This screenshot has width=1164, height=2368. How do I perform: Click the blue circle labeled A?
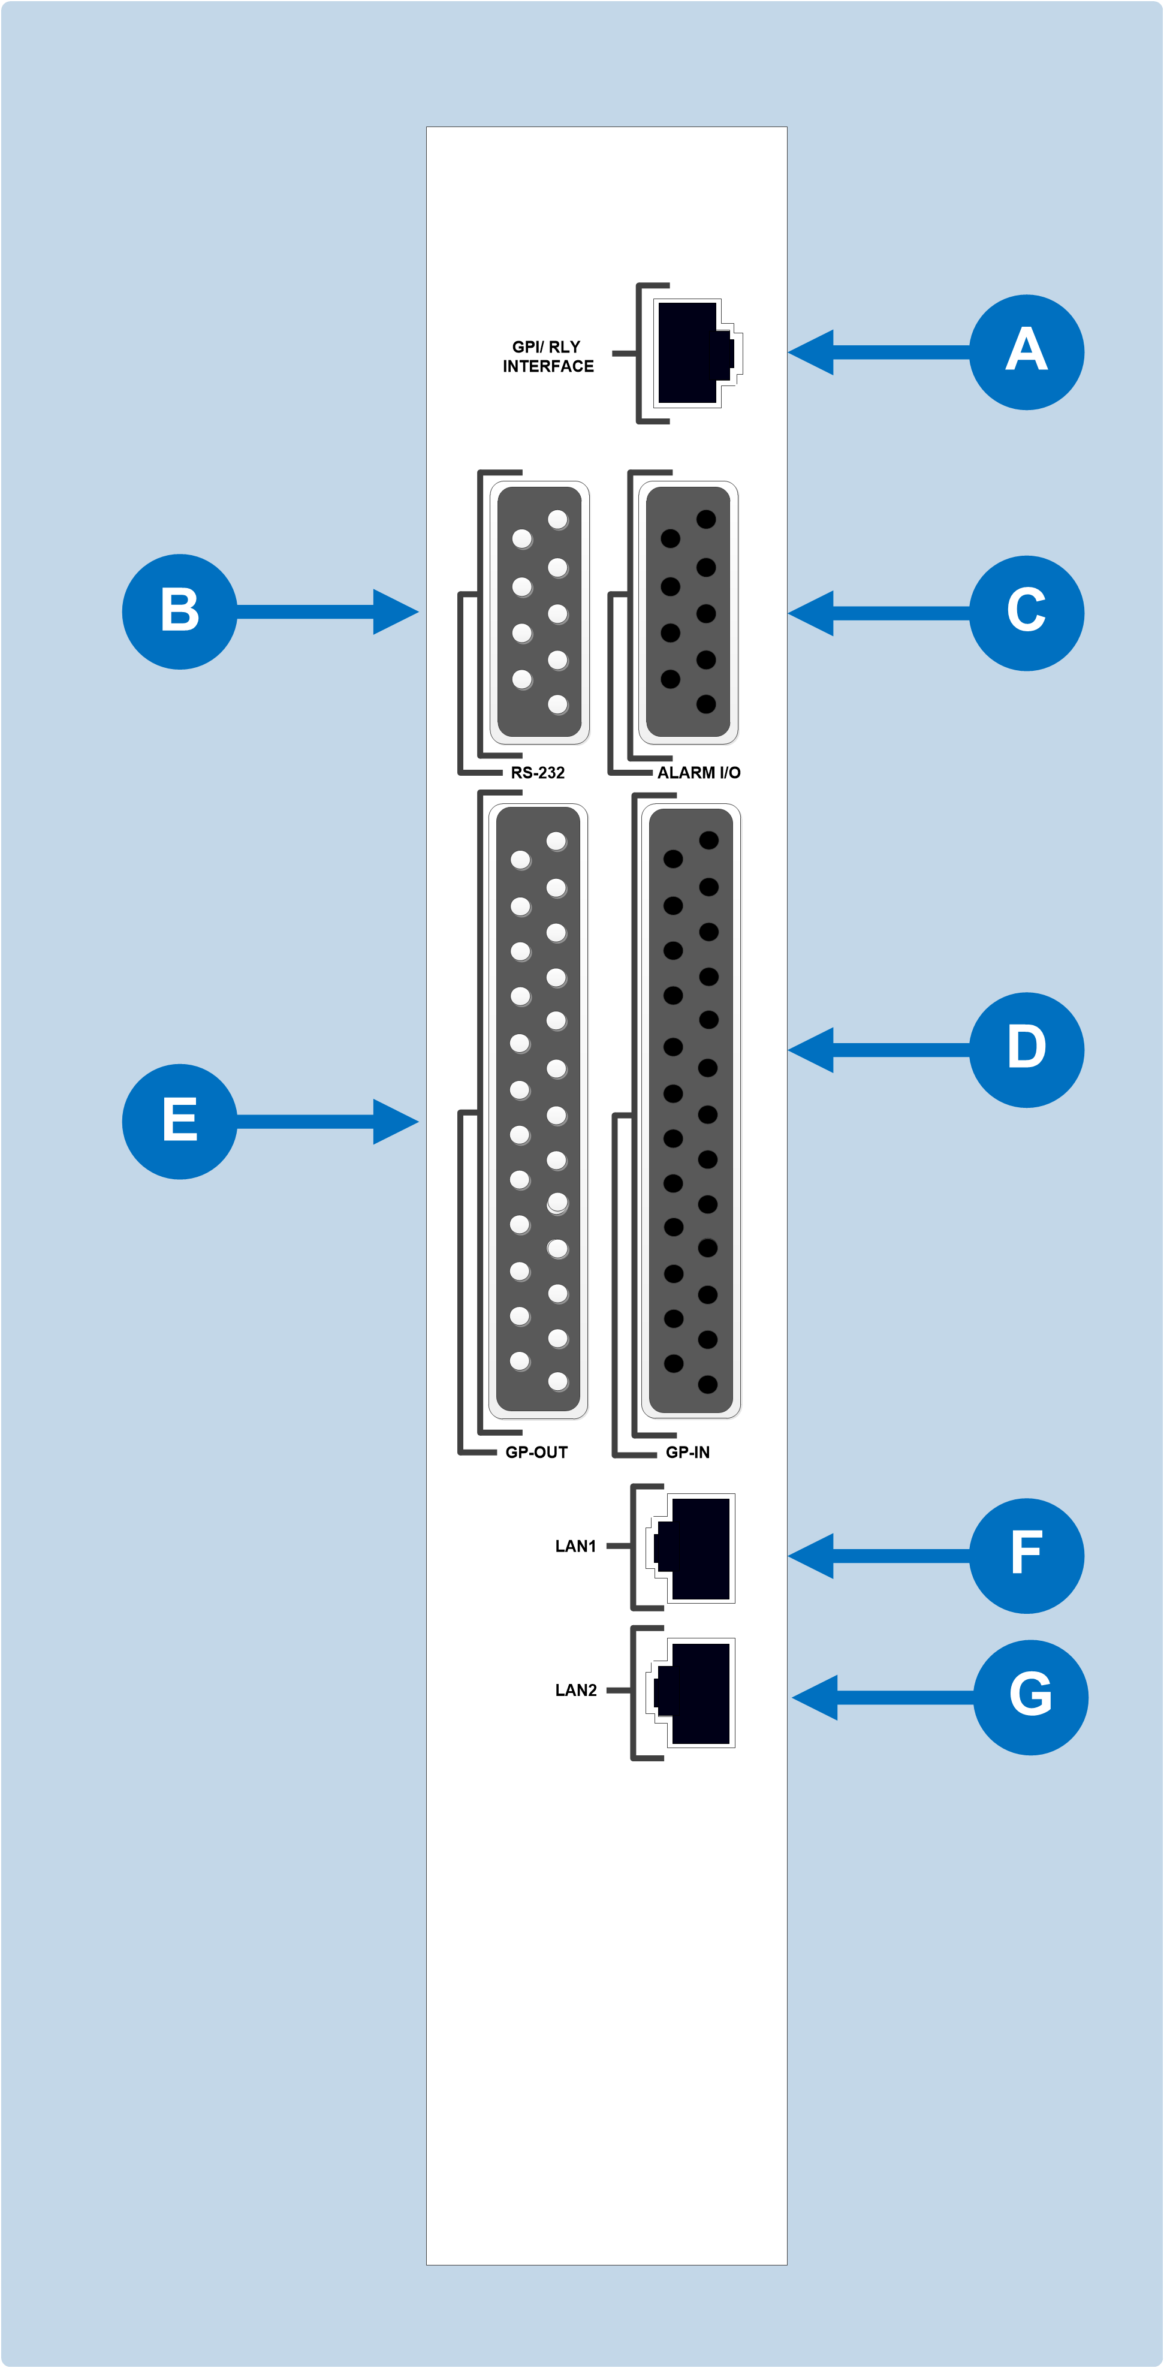(1026, 352)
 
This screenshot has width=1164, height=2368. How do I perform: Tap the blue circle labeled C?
(1026, 613)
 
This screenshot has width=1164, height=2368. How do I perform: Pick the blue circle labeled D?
(1026, 1049)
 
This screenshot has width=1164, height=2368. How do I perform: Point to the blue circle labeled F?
(1026, 1555)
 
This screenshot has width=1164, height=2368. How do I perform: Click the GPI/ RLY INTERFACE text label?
(548, 357)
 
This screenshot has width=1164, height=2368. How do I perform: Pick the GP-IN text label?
(687, 1453)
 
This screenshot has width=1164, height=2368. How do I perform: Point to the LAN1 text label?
(575, 1546)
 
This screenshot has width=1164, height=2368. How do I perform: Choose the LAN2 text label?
(575, 1689)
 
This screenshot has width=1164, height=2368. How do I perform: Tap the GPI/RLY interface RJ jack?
(694, 353)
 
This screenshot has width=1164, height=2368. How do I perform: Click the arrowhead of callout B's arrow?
(397, 611)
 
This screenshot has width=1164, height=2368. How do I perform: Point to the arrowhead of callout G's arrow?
(815, 1697)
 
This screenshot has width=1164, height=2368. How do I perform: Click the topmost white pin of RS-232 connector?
(558, 519)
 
